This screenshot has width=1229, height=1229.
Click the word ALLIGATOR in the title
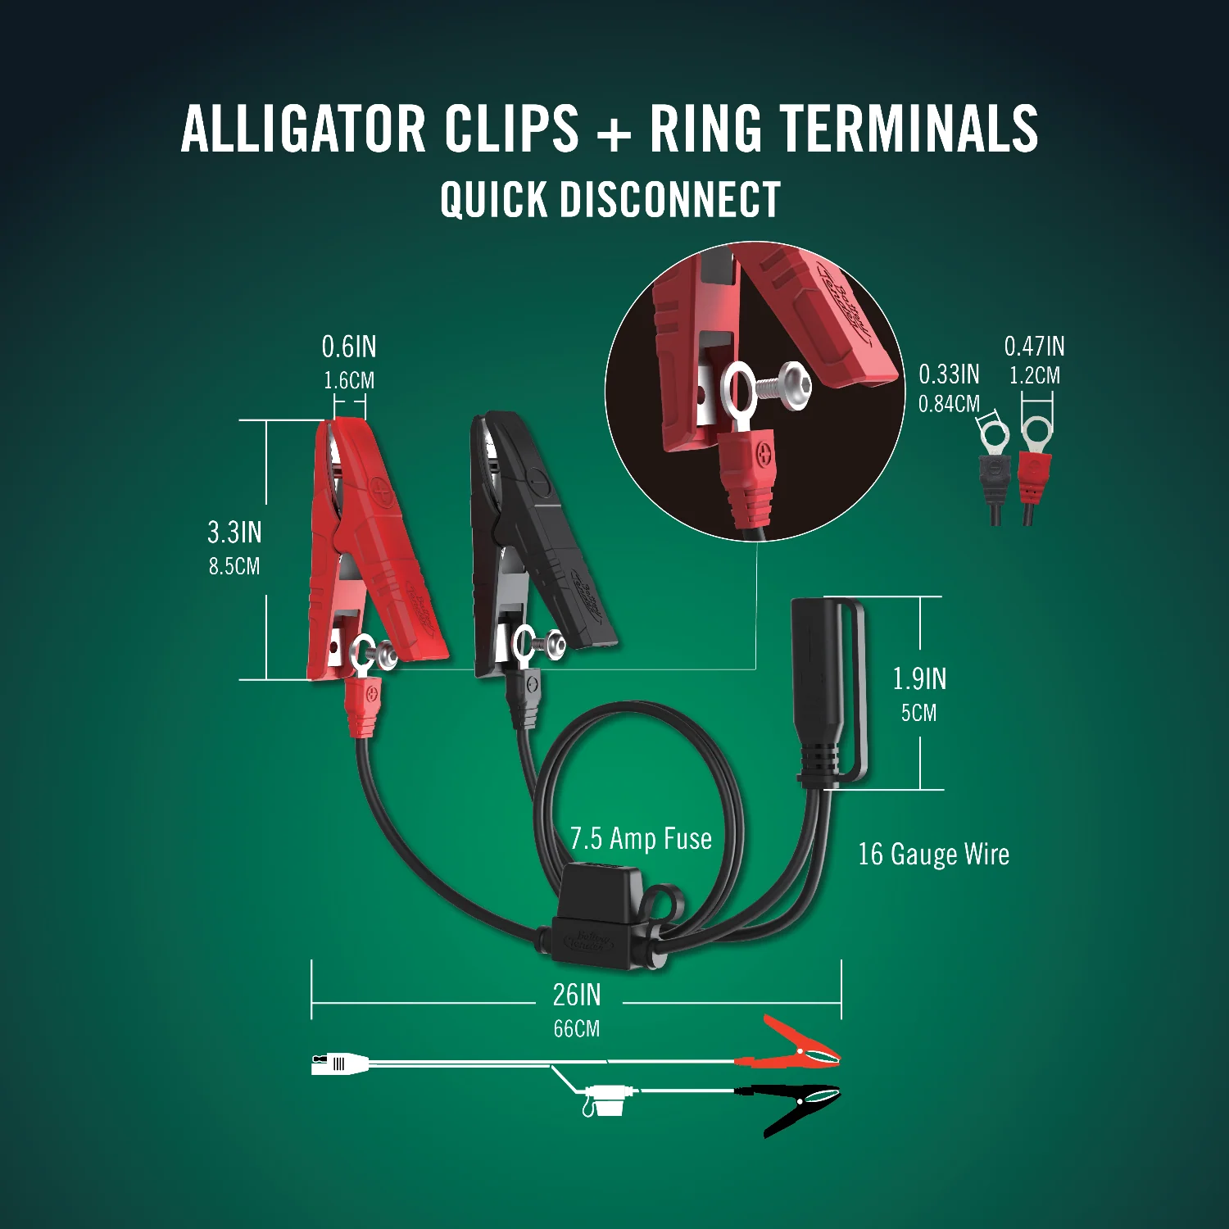click(x=303, y=129)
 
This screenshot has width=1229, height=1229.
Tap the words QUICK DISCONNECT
click(x=610, y=200)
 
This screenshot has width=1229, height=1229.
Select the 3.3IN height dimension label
click(x=234, y=533)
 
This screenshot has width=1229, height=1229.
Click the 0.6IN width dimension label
click(x=349, y=347)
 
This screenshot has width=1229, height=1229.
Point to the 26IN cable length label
click(x=577, y=995)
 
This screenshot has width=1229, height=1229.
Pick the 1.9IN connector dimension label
click(x=919, y=679)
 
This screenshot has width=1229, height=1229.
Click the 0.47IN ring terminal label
click(x=1034, y=347)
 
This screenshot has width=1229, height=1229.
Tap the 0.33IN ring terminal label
click(x=949, y=374)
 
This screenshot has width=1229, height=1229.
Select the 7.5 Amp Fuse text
click(x=641, y=839)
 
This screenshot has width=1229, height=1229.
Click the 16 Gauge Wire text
click(x=933, y=855)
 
